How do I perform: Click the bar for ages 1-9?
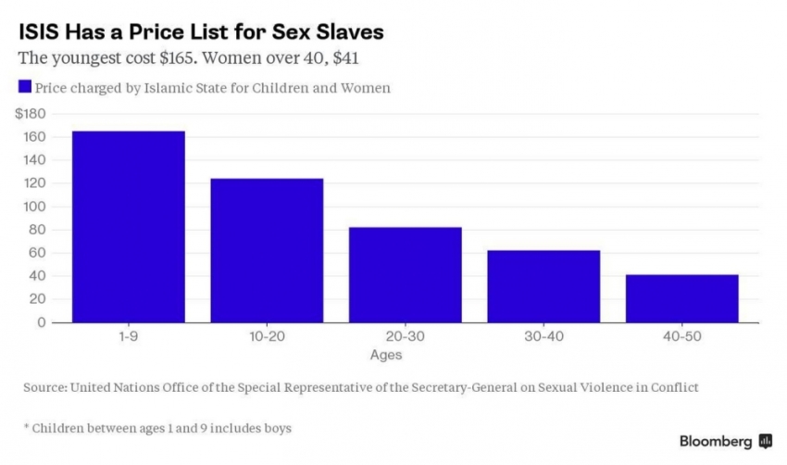click(128, 227)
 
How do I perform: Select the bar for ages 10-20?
click(267, 250)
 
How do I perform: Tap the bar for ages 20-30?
click(405, 274)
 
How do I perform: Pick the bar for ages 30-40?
click(543, 286)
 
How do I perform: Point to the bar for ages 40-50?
click(681, 298)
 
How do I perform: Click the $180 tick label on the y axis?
click(31, 113)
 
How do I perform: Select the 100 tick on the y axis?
click(35, 207)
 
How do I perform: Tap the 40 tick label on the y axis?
click(38, 276)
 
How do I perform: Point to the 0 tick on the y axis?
click(42, 322)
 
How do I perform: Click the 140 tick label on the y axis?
click(35, 160)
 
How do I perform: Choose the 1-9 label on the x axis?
click(128, 336)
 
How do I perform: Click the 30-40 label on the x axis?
click(543, 336)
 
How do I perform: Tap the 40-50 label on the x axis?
click(681, 336)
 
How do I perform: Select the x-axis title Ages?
click(386, 354)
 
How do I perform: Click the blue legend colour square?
click(24, 88)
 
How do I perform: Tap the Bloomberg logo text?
click(716, 441)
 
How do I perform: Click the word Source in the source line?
click(44, 388)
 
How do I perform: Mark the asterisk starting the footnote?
click(27, 428)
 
